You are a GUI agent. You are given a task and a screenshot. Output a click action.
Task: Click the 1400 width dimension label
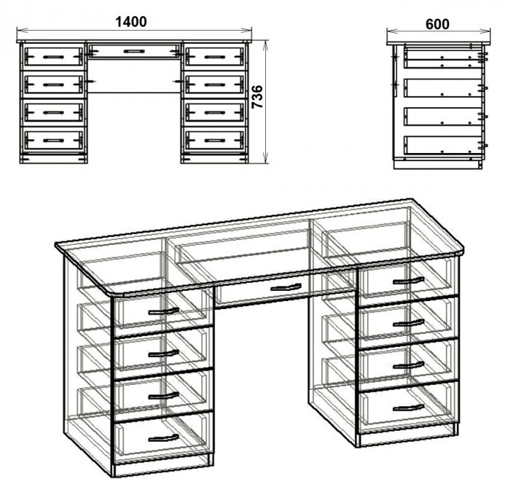131,22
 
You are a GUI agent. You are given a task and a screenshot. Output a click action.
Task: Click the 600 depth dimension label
437,24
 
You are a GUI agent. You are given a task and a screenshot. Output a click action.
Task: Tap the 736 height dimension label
257,97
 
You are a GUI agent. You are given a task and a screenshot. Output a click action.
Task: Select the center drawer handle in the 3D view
286,287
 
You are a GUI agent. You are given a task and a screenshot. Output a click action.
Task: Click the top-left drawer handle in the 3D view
164,311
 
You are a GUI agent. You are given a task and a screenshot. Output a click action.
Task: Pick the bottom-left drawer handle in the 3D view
164,437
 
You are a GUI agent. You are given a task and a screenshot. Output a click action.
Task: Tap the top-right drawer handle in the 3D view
408,281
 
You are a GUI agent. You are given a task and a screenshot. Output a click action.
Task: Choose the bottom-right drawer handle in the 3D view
408,408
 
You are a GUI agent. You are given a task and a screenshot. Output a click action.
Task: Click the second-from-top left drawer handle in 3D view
164,354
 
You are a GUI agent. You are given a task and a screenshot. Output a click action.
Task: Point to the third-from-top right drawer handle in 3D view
408,365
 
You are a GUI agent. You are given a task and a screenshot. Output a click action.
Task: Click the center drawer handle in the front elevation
134,51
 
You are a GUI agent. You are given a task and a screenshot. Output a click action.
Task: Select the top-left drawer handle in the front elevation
53,57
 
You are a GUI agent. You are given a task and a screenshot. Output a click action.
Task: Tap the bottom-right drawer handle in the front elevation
215,141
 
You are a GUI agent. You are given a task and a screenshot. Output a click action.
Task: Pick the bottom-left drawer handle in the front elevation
53,141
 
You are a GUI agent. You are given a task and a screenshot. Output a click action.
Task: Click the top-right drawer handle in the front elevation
215,57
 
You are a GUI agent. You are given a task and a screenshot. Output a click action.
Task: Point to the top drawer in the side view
443,58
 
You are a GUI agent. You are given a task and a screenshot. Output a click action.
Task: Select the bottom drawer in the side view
443,145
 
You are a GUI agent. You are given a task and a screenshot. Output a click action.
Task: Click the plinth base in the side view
438,164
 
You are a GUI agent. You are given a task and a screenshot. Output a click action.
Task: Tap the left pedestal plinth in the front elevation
53,159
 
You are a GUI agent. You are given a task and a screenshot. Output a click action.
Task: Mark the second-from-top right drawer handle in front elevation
215,85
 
